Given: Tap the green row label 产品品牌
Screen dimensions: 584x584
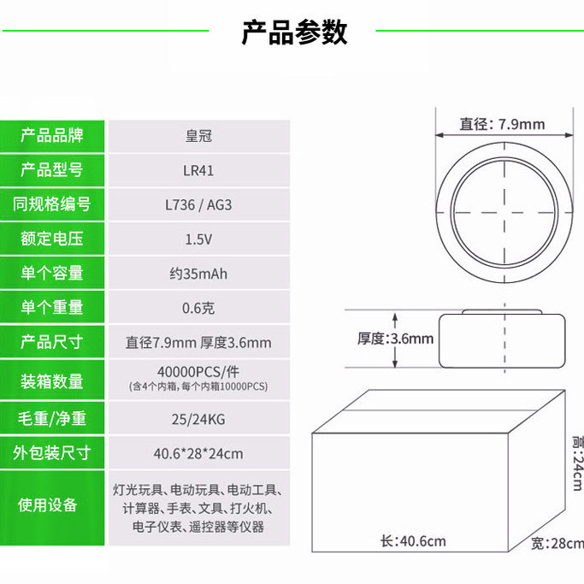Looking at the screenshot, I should tap(52, 135).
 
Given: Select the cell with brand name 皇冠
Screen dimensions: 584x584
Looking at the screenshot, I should tap(198, 136).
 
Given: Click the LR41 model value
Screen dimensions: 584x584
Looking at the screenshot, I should tap(198, 170).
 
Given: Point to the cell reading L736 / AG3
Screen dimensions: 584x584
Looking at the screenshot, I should tap(198, 204).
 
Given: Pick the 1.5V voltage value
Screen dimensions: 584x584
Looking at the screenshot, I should tap(198, 239).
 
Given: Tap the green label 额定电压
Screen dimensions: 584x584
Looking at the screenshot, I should tap(52, 239).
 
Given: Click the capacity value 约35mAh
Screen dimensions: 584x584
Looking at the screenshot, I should tap(198, 274).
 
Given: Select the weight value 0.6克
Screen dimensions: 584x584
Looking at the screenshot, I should tap(198, 308).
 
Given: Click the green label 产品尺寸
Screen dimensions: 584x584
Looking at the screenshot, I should tap(52, 342).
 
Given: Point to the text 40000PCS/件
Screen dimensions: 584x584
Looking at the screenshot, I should tap(198, 372).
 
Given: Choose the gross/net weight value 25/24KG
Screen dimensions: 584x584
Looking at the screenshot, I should tap(198, 419).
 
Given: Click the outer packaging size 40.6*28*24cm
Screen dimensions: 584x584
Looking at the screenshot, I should tap(198, 452).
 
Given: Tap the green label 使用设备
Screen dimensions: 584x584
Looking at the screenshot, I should tap(52, 504).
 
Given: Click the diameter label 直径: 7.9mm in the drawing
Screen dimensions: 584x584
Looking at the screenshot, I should tap(502, 124).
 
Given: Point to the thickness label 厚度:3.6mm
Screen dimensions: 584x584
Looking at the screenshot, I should tap(395, 339).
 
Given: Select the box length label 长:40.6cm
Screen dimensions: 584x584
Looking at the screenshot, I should tap(413, 540).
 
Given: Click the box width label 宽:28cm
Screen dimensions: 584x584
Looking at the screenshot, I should tap(557, 543).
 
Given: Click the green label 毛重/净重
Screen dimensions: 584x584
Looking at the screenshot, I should tap(52, 419).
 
